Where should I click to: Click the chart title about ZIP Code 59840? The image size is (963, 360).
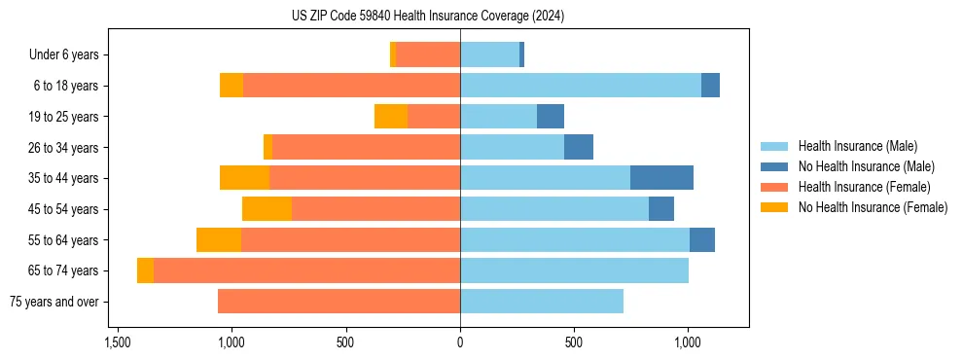(428, 16)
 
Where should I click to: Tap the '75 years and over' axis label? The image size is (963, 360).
(53, 302)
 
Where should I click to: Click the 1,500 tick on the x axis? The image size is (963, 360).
(117, 342)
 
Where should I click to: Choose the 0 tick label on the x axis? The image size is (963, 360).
(460, 342)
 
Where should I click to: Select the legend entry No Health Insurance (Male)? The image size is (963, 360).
(866, 166)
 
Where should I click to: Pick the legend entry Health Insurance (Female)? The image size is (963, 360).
(864, 187)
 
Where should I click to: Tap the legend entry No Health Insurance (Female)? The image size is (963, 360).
(873, 207)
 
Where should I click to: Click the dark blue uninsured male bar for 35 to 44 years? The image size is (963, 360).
(661, 178)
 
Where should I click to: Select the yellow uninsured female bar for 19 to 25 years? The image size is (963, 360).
(391, 117)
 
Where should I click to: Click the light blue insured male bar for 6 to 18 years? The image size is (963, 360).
(581, 86)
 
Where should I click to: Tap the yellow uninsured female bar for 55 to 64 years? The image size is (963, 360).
(219, 240)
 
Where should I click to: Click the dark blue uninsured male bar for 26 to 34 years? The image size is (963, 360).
(579, 147)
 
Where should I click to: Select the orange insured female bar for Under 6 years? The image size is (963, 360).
(428, 55)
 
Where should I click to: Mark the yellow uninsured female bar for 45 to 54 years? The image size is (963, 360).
(267, 209)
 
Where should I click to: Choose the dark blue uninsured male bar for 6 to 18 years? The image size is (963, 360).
(710, 86)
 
